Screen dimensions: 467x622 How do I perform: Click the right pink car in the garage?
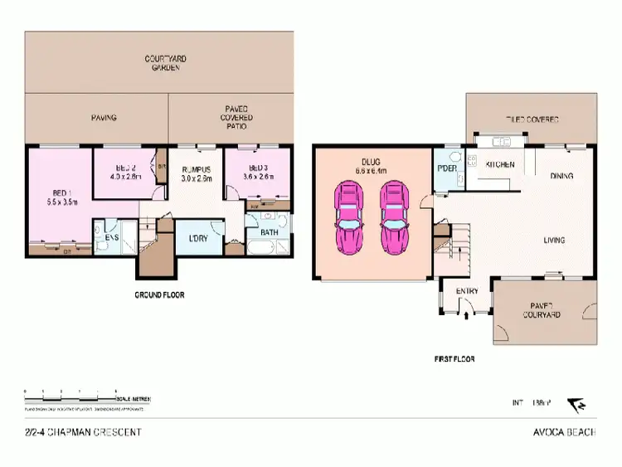pos(394,220)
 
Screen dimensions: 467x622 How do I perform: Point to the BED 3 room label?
pos(256,170)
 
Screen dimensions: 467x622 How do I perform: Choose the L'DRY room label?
pos(199,239)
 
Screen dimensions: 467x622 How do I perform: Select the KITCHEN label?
pos(500,164)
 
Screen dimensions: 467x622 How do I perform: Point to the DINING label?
pos(565,175)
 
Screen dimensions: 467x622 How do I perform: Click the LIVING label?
pos(555,241)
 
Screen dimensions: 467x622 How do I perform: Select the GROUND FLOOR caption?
pos(159,294)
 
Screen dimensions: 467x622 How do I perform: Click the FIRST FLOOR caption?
pos(454,360)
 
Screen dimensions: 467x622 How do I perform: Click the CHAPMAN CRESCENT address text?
pos(83,432)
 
